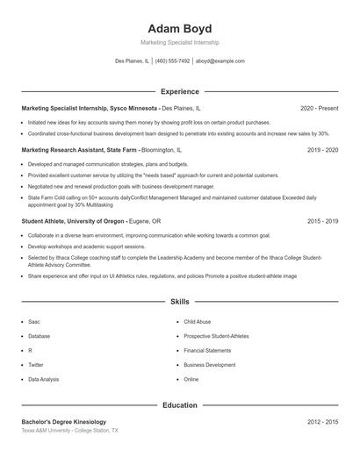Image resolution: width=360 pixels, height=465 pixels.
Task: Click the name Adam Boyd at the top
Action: (x=180, y=28)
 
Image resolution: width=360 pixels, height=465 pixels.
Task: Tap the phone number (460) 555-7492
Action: (x=173, y=61)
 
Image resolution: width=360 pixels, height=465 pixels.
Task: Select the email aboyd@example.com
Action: (x=220, y=61)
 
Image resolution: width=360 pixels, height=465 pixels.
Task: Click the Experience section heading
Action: (x=180, y=91)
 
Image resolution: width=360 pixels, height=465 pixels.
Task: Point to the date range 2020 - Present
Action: (x=319, y=108)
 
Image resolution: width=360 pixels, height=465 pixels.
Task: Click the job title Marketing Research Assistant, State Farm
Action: (x=80, y=150)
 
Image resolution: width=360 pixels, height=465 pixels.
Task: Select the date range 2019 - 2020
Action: (x=322, y=150)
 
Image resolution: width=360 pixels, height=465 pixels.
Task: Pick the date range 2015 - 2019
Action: (x=322, y=221)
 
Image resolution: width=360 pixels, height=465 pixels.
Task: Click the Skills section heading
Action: (x=180, y=301)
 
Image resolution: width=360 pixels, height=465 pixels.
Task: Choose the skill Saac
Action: (x=34, y=322)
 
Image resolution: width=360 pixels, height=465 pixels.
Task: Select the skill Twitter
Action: (x=36, y=365)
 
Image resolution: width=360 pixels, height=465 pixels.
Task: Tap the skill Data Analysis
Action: (x=44, y=379)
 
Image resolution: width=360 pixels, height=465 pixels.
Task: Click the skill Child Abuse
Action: (x=198, y=322)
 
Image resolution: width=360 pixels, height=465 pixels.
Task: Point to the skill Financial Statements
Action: (x=207, y=351)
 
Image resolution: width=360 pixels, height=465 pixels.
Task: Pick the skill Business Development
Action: (x=210, y=365)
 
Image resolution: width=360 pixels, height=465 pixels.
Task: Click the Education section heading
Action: (x=180, y=405)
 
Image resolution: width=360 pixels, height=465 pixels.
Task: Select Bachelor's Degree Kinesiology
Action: (x=63, y=422)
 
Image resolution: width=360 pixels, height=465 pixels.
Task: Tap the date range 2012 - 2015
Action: (x=322, y=422)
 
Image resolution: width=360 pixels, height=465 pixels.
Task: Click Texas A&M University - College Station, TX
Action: (x=69, y=431)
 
